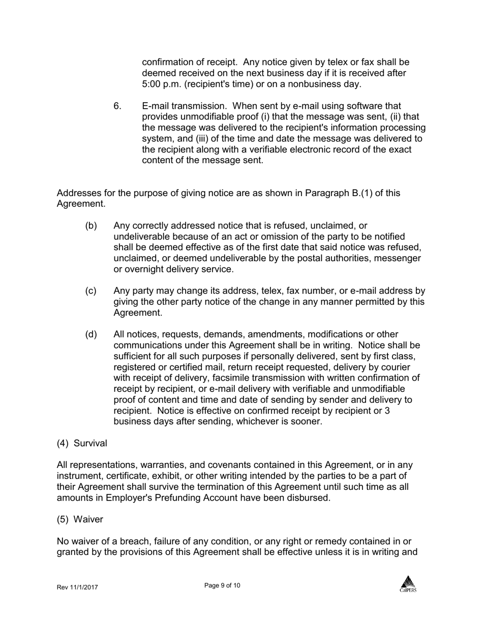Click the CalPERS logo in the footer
point(408,583)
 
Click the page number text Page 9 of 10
point(222,585)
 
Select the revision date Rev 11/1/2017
point(77,587)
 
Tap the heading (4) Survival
point(82,443)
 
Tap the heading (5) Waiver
point(80,519)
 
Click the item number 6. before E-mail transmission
point(117,106)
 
